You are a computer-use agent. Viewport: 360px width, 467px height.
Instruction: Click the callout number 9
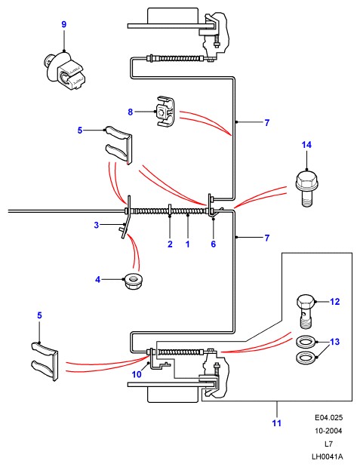(64, 24)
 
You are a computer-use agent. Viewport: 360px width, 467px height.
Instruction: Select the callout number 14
(306, 145)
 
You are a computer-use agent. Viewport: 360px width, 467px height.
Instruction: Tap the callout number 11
(276, 423)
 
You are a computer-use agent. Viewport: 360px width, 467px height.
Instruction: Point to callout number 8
(131, 112)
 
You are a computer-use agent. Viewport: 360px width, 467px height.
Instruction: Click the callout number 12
(335, 302)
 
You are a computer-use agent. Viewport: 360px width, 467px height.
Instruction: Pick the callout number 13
(335, 342)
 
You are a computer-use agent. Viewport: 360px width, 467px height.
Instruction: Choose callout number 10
(137, 374)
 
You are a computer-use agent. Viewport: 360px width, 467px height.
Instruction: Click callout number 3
(97, 225)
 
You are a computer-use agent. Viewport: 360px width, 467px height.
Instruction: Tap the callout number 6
(214, 244)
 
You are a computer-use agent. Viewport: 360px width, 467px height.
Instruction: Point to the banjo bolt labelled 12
(305, 312)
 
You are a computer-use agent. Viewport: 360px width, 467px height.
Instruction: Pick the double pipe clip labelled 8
(165, 112)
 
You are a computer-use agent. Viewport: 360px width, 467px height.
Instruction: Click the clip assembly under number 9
(64, 71)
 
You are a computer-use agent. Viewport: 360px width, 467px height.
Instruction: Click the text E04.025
(329, 417)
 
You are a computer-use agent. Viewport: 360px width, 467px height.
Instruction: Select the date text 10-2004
(329, 431)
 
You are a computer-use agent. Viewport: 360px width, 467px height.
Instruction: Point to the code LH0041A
(328, 456)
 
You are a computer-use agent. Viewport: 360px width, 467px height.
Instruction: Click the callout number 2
(170, 244)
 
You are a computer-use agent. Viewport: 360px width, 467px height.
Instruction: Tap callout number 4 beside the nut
(98, 280)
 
